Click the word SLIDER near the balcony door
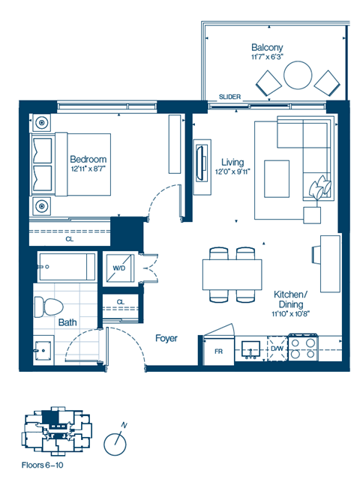click(229, 97)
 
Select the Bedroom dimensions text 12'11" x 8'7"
click(88, 169)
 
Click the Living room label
click(232, 161)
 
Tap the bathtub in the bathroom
click(67, 267)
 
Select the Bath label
click(67, 323)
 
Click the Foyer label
click(166, 338)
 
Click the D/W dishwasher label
click(276, 348)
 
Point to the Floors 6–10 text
click(43, 467)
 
